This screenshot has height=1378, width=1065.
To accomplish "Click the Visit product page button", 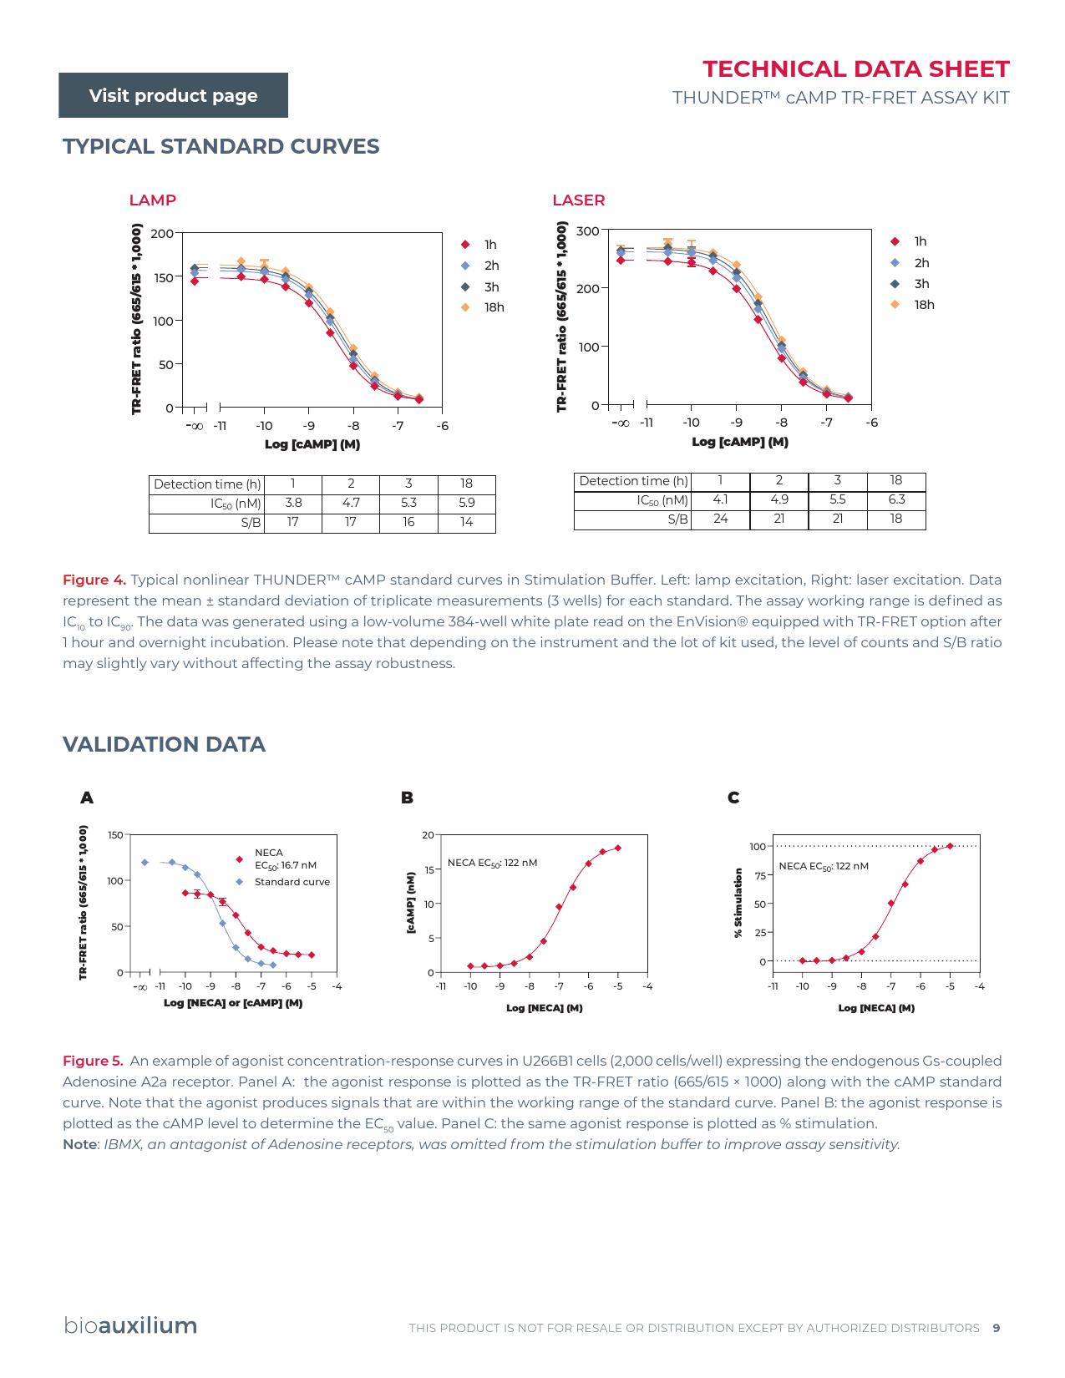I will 173,95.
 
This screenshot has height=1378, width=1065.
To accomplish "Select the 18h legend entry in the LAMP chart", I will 494,307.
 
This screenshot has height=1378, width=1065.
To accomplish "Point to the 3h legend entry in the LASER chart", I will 920,284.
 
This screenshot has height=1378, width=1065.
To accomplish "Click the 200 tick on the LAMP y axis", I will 162,234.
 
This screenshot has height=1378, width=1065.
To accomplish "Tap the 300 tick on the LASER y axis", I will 588,231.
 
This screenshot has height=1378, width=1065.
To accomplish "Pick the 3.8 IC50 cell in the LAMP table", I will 292,503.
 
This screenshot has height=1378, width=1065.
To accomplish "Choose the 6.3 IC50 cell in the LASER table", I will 895,499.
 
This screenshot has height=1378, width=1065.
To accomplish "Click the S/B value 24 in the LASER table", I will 720,519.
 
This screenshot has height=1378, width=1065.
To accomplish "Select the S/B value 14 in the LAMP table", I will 466,522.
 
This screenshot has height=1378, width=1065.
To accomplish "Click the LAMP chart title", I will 152,200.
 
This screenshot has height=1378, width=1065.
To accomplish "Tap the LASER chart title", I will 578,200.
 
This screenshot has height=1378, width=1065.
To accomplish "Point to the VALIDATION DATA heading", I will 164,744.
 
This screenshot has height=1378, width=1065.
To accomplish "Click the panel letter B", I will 407,798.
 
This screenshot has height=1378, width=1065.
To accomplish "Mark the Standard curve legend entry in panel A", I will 292,882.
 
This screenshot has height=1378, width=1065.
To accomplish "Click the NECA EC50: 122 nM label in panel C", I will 823,866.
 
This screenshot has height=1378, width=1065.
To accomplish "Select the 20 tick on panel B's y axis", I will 428,835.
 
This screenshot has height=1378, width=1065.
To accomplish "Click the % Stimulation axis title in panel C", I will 738,903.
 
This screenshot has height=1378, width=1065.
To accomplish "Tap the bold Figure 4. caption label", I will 94,580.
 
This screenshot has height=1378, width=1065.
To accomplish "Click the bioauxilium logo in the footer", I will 130,1325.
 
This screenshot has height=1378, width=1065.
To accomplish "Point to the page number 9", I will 996,1328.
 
